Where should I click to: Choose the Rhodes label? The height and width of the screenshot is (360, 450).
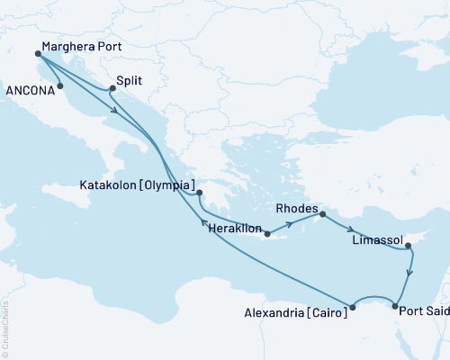pos(294,208)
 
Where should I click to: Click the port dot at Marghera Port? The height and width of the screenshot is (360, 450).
pos(37,54)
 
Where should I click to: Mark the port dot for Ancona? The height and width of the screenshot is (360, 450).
pos(59,87)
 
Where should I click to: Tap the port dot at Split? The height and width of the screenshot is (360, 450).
pos(111,88)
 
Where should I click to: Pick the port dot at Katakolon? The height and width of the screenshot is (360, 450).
pos(200,192)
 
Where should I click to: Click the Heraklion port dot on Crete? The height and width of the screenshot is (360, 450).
pos(266,234)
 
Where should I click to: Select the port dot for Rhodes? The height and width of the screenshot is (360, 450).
pos(321,214)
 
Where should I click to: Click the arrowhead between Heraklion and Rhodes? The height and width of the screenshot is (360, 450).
pos(298,222)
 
